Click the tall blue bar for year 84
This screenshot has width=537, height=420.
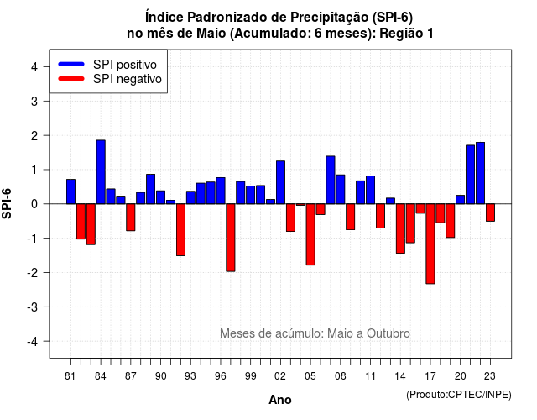101,171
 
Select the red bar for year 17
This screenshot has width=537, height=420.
430,244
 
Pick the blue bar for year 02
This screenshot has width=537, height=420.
280,182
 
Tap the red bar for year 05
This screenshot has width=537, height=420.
310,234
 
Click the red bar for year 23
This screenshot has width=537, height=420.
490,213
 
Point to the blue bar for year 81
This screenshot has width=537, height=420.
70,192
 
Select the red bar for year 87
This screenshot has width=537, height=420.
131,218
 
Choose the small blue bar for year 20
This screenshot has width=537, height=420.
461,200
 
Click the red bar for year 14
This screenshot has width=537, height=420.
400,228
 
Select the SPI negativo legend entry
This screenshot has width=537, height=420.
110,79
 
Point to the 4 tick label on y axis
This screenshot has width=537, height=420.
34,67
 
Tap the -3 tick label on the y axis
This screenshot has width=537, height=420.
33,307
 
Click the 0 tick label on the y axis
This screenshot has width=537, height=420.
34,204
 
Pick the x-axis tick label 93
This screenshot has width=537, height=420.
190,376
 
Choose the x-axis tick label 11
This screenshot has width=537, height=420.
370,376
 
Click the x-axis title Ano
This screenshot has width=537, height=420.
280,400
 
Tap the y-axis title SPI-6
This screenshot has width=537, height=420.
7,203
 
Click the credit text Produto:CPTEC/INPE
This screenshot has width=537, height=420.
459,395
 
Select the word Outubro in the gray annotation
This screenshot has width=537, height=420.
388,333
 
